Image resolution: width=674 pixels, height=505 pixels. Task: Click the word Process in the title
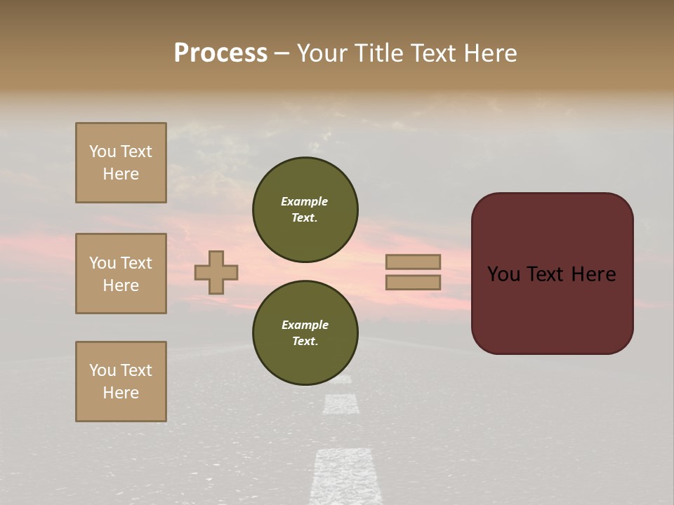tap(220, 53)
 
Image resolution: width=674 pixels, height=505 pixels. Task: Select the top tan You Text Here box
tap(121, 163)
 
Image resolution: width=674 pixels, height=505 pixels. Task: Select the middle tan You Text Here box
tap(121, 274)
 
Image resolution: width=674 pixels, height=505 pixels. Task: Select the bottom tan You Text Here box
tap(121, 382)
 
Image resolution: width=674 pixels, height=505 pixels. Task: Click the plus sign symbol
tap(216, 272)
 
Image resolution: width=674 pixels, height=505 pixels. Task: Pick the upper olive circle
tap(305, 210)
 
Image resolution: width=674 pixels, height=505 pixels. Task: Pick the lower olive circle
tap(305, 333)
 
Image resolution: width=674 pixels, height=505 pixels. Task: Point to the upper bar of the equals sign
tap(413, 262)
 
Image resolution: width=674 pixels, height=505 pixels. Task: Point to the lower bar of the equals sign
tap(413, 282)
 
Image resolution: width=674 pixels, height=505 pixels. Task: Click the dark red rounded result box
tap(552, 274)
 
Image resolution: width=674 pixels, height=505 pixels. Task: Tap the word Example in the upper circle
tap(305, 201)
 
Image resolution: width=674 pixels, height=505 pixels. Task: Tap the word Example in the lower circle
tap(305, 325)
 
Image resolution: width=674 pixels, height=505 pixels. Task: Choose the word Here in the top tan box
tap(121, 174)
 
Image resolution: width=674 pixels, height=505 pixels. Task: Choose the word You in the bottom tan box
tap(103, 370)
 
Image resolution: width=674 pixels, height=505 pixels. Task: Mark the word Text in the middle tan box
tap(136, 263)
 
